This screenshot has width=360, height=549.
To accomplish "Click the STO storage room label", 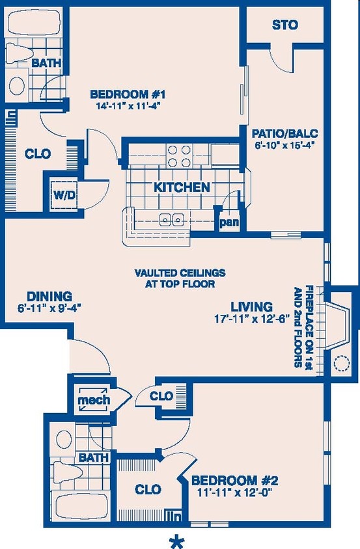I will [285, 25].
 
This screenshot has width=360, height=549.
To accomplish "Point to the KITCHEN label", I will [182, 187].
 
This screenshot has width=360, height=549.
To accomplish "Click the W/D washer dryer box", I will [63, 194].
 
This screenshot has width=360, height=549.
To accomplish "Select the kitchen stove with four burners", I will [179, 156].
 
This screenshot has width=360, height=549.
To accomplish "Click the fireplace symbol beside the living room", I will [339, 325].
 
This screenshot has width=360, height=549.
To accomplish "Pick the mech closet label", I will [94, 400].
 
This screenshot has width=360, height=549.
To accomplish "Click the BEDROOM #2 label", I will [234, 481].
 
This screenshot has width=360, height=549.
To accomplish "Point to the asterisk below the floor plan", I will [174, 539].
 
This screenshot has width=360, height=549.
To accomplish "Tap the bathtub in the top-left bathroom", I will [33, 23].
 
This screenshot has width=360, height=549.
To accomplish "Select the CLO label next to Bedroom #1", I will [38, 154].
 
